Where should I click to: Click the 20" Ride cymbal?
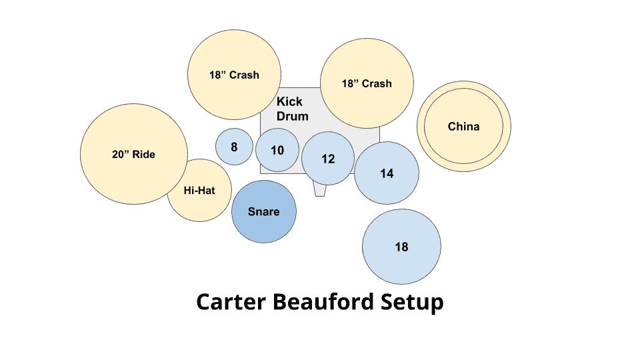click(x=134, y=154)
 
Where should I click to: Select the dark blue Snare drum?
click(x=264, y=211)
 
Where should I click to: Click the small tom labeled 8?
click(x=234, y=147)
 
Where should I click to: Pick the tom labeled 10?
click(x=277, y=150)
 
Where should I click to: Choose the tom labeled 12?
click(x=328, y=159)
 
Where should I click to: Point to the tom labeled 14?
click(x=387, y=173)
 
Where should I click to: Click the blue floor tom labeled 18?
click(x=401, y=247)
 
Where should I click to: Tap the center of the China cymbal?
click(x=464, y=126)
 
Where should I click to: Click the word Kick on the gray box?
click(x=289, y=101)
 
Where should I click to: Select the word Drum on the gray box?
click(x=292, y=116)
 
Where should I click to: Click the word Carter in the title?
click(x=231, y=302)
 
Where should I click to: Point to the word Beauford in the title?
click(x=323, y=302)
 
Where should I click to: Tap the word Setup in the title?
click(x=412, y=303)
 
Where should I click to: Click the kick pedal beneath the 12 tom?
click(x=320, y=191)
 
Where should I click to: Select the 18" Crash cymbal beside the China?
click(x=367, y=83)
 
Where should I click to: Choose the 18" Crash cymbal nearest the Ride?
click(x=234, y=75)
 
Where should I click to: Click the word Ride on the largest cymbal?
click(x=144, y=154)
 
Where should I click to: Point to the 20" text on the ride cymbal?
click(x=121, y=154)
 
